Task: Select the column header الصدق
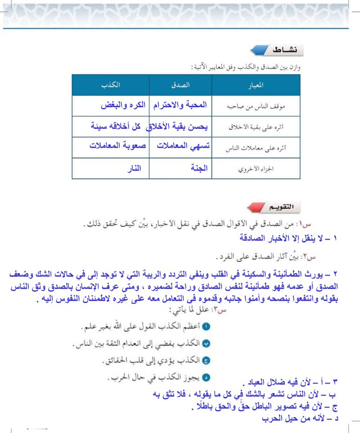180,84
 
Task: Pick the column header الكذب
110,84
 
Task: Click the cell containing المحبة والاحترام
181,105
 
